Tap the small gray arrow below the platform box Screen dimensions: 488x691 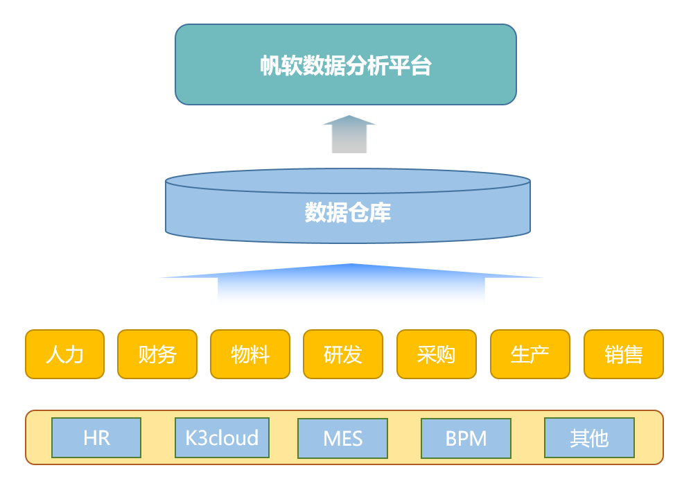pos(349,134)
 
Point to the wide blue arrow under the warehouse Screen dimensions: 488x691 pos(351,281)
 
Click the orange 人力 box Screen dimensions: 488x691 pos(64,354)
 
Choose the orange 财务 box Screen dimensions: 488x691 pos(157,354)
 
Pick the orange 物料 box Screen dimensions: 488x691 pos(250,354)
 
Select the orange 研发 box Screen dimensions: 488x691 pos(343,354)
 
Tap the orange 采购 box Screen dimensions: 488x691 pos(437,354)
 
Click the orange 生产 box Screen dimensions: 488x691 pos(530,354)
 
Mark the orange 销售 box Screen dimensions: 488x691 pos(624,354)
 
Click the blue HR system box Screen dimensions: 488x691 pos(96,438)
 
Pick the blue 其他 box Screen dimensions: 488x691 pos(589,438)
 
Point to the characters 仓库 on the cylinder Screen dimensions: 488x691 pos(369,212)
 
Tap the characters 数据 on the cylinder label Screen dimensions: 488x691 pos(326,212)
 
